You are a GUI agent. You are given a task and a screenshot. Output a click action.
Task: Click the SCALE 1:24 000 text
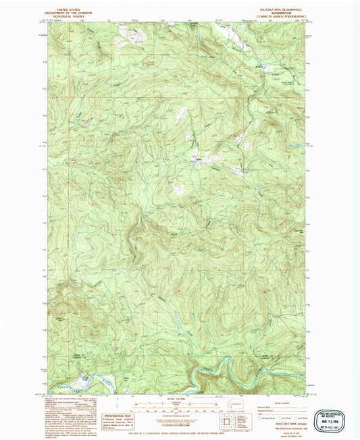[170, 399]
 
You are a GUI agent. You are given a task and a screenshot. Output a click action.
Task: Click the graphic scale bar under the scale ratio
[170, 405]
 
